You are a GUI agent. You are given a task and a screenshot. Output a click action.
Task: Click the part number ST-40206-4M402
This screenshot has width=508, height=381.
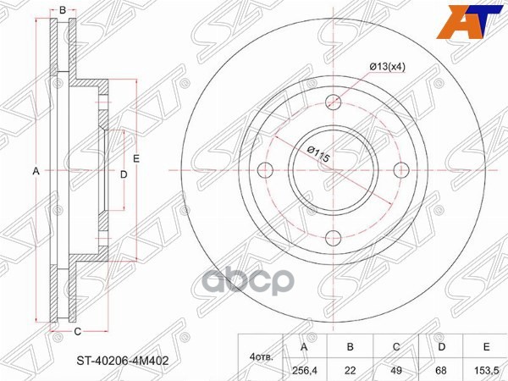[123, 361]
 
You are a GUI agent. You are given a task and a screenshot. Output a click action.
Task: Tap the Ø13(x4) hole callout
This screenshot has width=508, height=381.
[388, 67]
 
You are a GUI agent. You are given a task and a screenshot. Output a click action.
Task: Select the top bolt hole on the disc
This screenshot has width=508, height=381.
[334, 102]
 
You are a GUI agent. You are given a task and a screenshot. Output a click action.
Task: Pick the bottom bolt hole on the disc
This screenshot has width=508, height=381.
[334, 238]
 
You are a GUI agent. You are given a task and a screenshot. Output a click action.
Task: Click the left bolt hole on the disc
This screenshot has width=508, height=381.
[265, 170]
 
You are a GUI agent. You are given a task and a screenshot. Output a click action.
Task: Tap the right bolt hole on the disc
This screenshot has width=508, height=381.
[401, 170]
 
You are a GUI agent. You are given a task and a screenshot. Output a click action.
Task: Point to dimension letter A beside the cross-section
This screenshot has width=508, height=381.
[36, 171]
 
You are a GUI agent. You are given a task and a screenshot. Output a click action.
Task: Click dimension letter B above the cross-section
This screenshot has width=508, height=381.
[63, 10]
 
